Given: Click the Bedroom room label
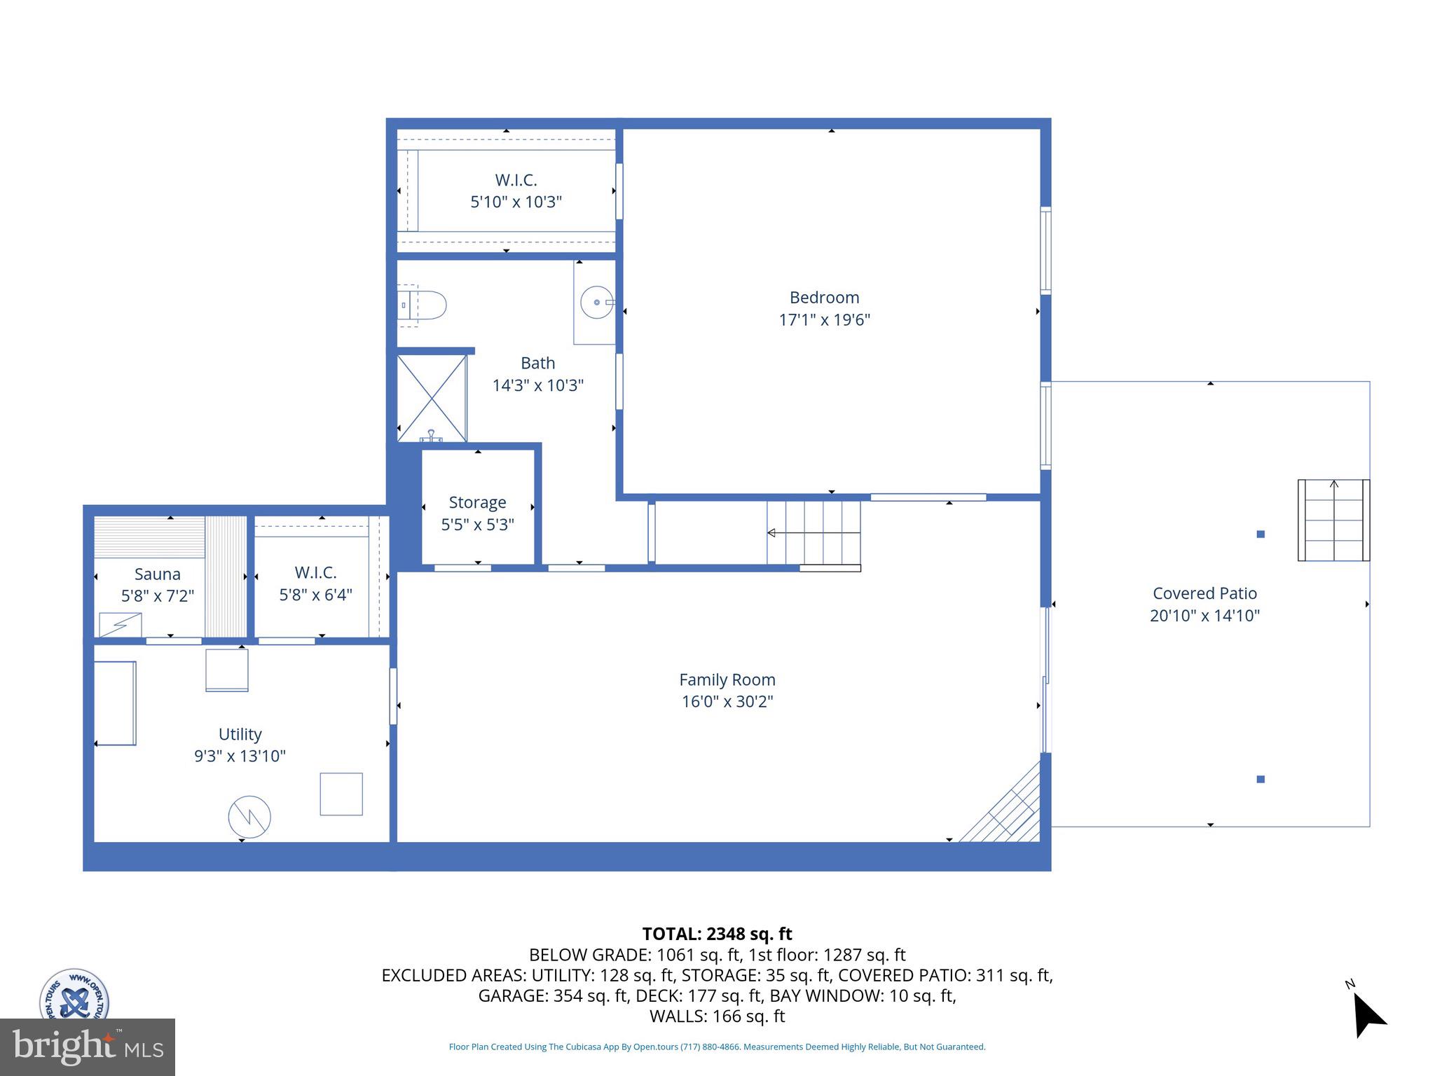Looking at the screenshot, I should (824, 298).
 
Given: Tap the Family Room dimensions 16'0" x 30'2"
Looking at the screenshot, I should (727, 701).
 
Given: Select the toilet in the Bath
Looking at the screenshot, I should (424, 305).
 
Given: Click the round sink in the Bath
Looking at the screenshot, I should (596, 303).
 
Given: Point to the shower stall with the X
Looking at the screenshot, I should (432, 398).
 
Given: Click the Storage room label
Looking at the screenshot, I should (477, 502).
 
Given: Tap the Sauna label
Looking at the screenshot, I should (158, 574).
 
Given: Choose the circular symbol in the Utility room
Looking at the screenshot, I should (249, 817).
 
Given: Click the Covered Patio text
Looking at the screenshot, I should (1204, 593).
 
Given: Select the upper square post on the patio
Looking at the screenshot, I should (1261, 534).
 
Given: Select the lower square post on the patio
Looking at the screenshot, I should (1261, 779).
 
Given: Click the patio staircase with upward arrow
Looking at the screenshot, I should (1333, 520).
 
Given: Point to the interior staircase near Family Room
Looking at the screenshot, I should (813, 533).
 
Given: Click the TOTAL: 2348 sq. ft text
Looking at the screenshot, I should (717, 934).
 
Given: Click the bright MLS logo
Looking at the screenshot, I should (87, 1047).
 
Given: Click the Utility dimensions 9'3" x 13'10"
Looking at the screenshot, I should (240, 756).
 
